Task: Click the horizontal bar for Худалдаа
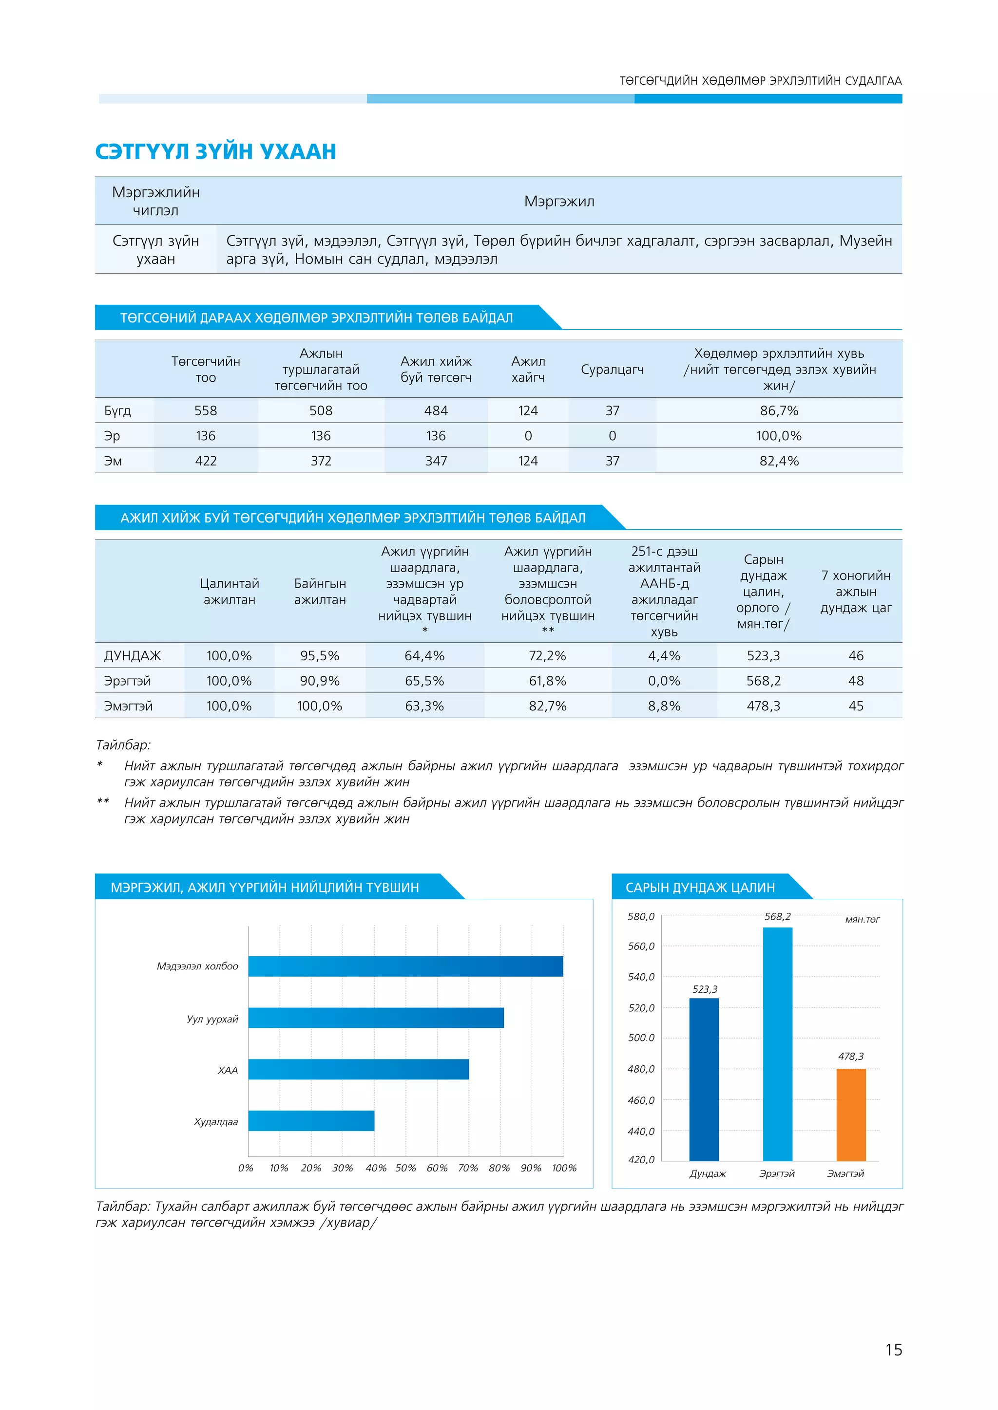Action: pyautogui.click(x=311, y=1121)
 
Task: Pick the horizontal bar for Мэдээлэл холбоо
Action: pyautogui.click(x=405, y=966)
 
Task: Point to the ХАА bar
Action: pyautogui.click(x=358, y=1069)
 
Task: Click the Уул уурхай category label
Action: pyautogui.click(x=212, y=1019)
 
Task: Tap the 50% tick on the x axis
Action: pyautogui.click(x=405, y=1168)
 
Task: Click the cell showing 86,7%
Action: pyautogui.click(x=779, y=410)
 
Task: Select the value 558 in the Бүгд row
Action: pyautogui.click(x=205, y=410)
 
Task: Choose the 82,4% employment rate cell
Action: pyautogui.click(x=779, y=461)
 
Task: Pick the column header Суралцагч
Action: pyautogui.click(x=612, y=369)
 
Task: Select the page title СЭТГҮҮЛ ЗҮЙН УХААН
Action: pyautogui.click(x=216, y=151)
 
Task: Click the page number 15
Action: pyautogui.click(x=894, y=1349)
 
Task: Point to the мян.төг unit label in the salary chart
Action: pyautogui.click(x=862, y=919)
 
